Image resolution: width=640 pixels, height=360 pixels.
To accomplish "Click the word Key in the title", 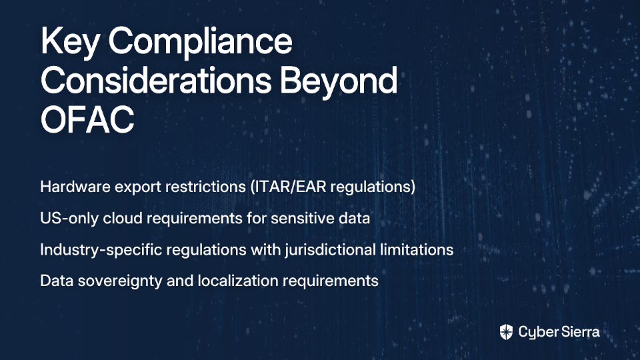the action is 69,42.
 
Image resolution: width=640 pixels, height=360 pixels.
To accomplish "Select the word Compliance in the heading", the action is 201,42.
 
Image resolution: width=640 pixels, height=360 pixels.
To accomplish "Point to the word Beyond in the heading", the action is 339,81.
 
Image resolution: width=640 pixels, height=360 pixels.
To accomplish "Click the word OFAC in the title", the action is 87,119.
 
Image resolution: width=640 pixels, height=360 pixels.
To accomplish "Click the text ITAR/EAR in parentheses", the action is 288,187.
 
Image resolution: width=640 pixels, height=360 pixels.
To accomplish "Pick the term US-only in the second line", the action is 69,218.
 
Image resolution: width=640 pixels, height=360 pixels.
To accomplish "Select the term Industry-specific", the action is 101,249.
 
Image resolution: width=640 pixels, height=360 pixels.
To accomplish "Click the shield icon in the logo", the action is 506,332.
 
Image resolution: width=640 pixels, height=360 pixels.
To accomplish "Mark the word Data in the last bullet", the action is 56,281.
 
